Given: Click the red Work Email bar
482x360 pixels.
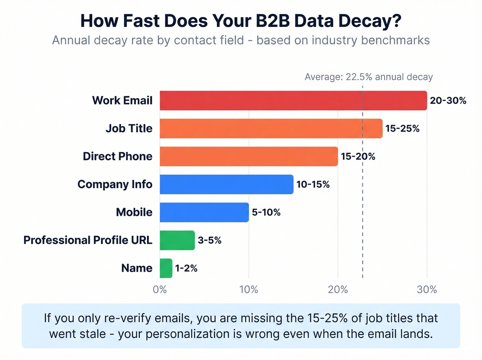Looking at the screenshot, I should [293, 101].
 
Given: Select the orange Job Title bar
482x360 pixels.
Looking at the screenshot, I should [271, 128].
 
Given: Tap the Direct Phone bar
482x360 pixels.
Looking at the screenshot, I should [249, 156].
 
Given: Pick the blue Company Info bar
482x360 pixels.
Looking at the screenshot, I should [226, 184].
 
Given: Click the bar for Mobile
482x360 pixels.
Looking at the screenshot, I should [204, 212].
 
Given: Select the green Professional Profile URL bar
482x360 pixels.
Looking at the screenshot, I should [177, 240].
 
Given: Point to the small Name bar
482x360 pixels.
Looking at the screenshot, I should [166, 268].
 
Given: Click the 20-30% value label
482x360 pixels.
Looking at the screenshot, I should [448, 101].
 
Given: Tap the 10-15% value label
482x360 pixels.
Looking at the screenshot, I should [313, 184].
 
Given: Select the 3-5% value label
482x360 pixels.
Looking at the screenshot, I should [209, 240].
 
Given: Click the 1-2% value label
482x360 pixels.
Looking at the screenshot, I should [186, 268].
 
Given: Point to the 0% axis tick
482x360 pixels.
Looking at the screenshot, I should [160, 290].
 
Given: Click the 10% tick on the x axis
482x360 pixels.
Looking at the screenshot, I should [249, 290].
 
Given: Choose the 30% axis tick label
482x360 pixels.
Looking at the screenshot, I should [427, 290].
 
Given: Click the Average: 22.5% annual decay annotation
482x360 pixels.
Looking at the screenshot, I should [368, 77].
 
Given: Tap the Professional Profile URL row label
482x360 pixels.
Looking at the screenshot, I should [88, 240].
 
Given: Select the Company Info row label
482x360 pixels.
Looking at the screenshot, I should [115, 184].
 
